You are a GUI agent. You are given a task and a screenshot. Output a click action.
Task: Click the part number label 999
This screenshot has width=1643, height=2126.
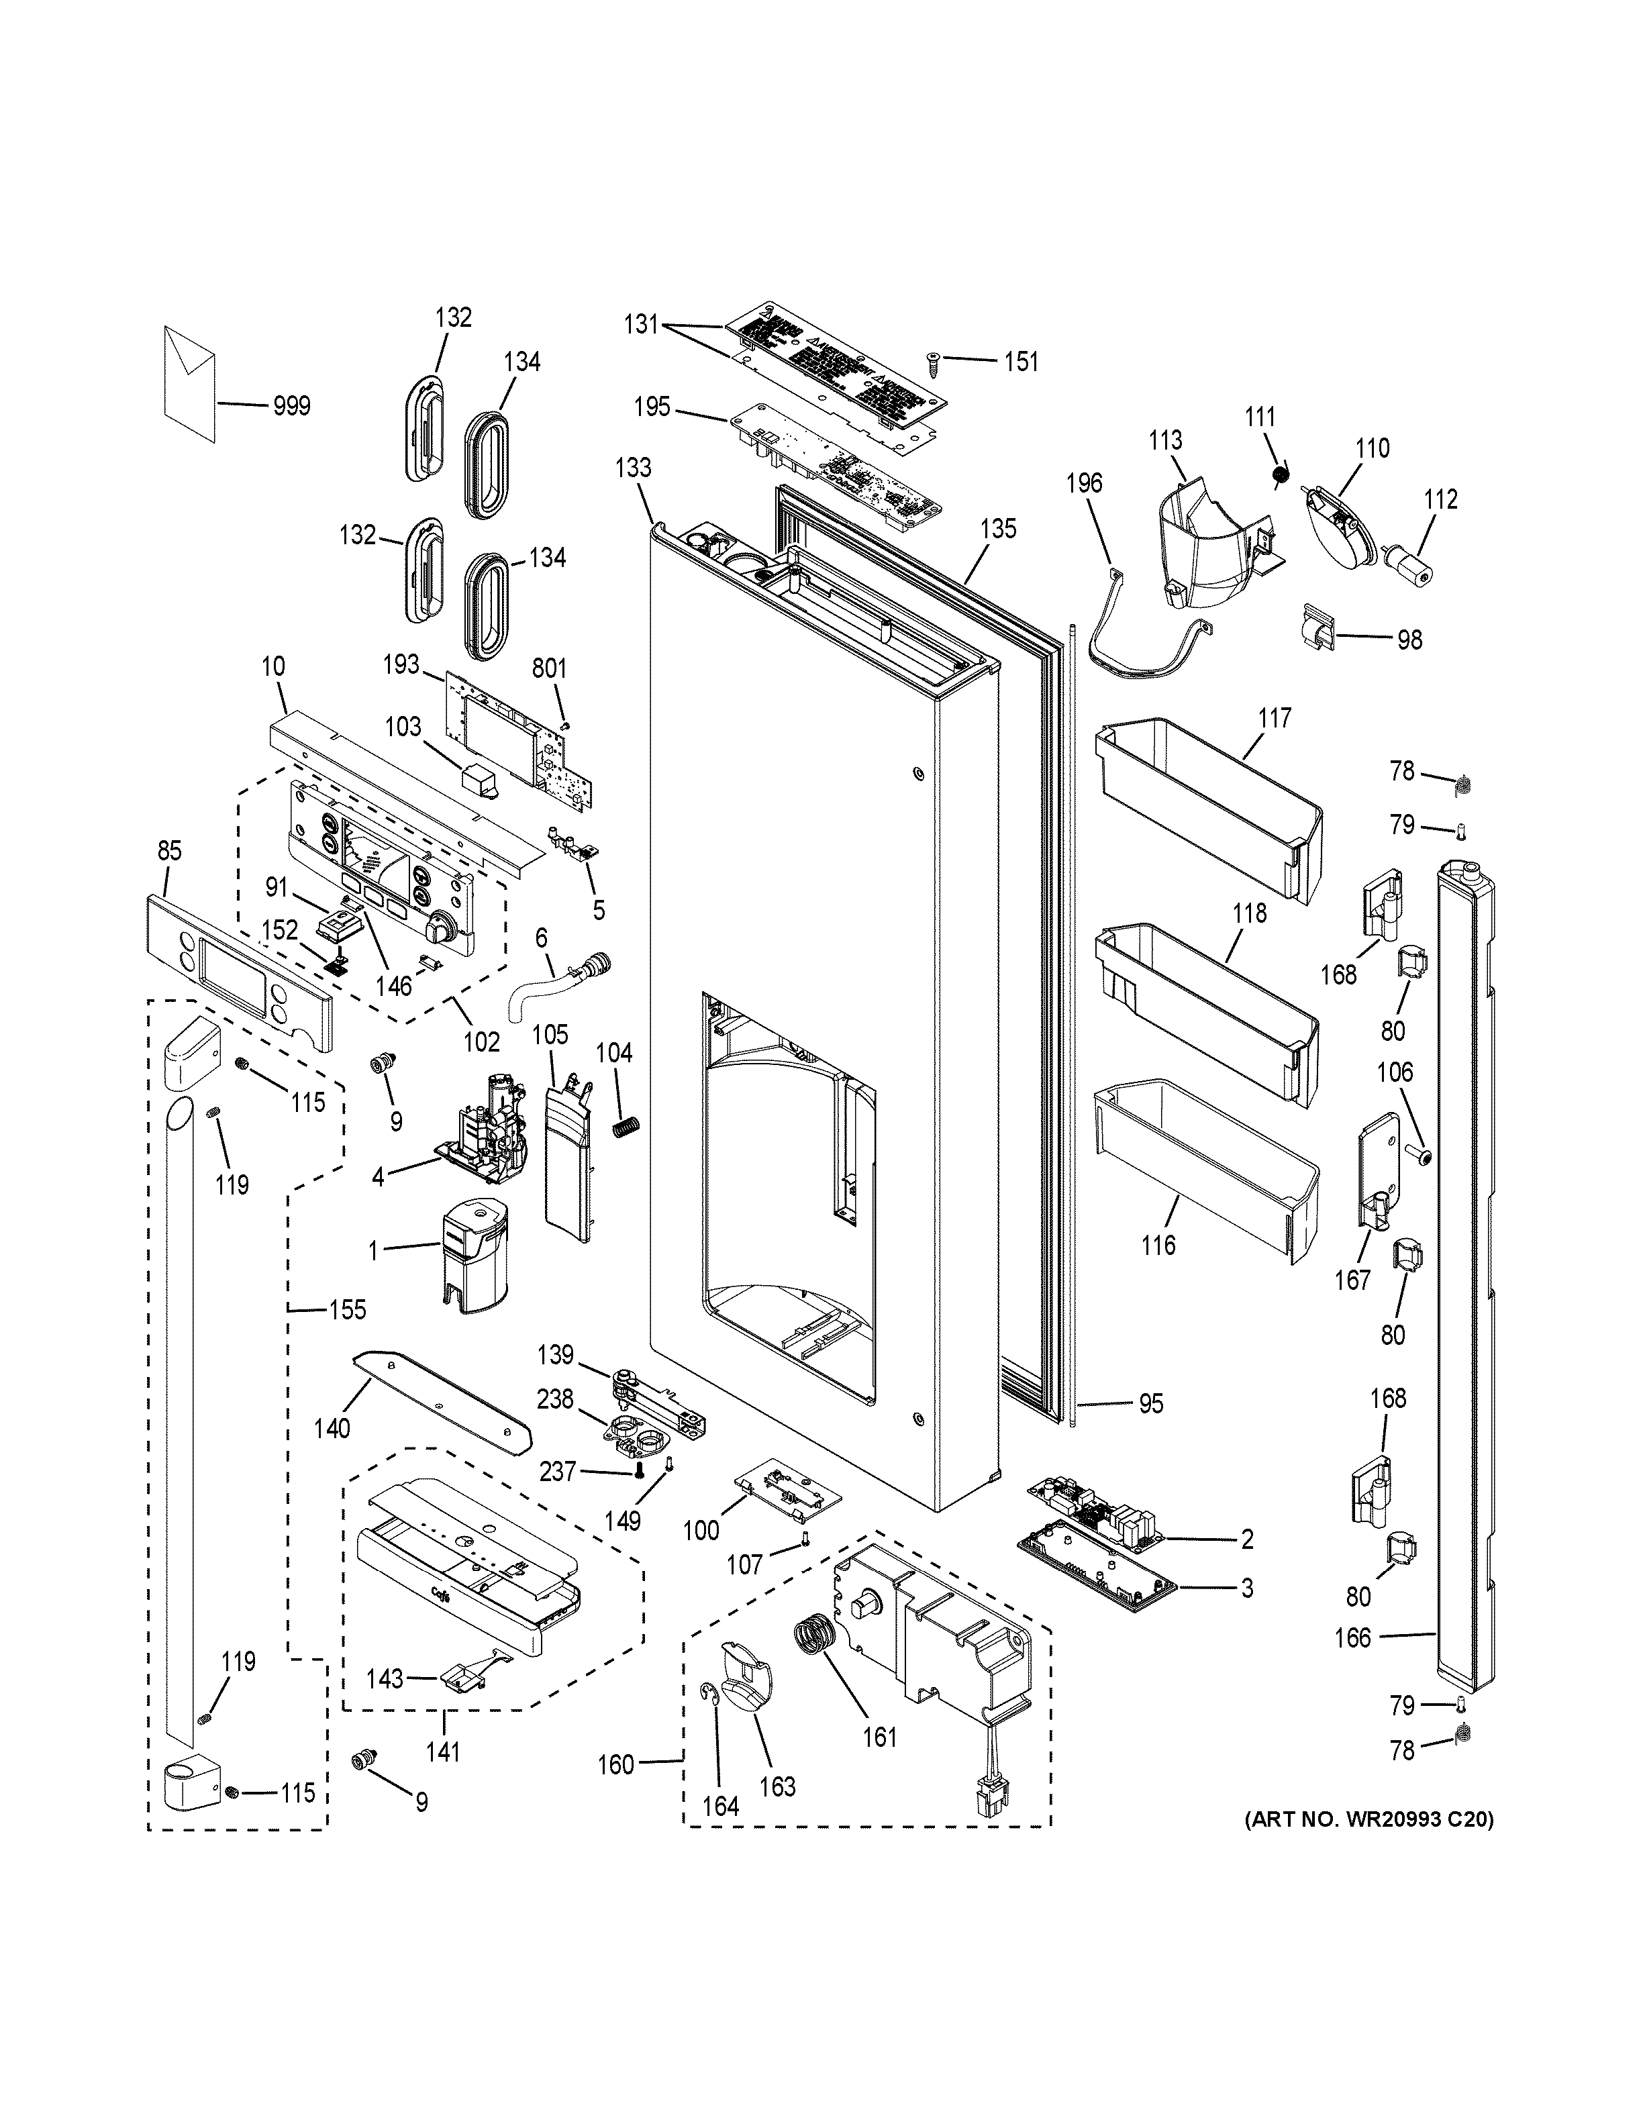click(x=291, y=406)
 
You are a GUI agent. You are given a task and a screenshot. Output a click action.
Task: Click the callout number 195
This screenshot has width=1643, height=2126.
click(x=652, y=406)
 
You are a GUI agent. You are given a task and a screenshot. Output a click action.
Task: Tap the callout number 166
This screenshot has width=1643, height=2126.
click(x=1352, y=1638)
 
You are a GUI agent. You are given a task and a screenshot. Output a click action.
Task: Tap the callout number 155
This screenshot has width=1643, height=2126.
click(x=346, y=1309)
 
